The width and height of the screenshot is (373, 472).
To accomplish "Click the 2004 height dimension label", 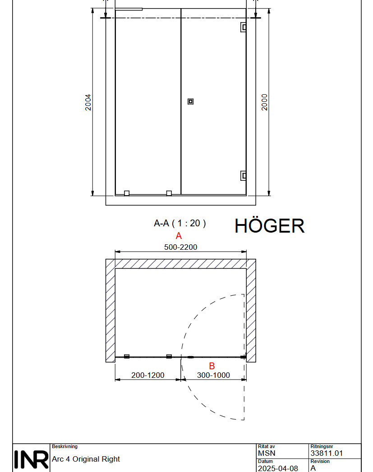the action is [88, 102].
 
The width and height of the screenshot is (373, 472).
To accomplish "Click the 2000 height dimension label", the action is [264, 102].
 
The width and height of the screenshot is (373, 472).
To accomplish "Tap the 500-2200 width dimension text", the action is [180, 247].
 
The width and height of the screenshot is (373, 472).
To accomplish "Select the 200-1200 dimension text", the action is [148, 375].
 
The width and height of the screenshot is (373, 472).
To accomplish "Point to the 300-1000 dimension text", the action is [213, 375].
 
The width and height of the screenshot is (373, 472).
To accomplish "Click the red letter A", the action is [179, 236].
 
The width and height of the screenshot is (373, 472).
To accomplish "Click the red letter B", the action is [212, 366].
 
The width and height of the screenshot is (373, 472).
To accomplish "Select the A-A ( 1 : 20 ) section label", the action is [180, 223].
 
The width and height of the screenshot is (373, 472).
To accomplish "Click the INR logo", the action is [31, 459].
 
